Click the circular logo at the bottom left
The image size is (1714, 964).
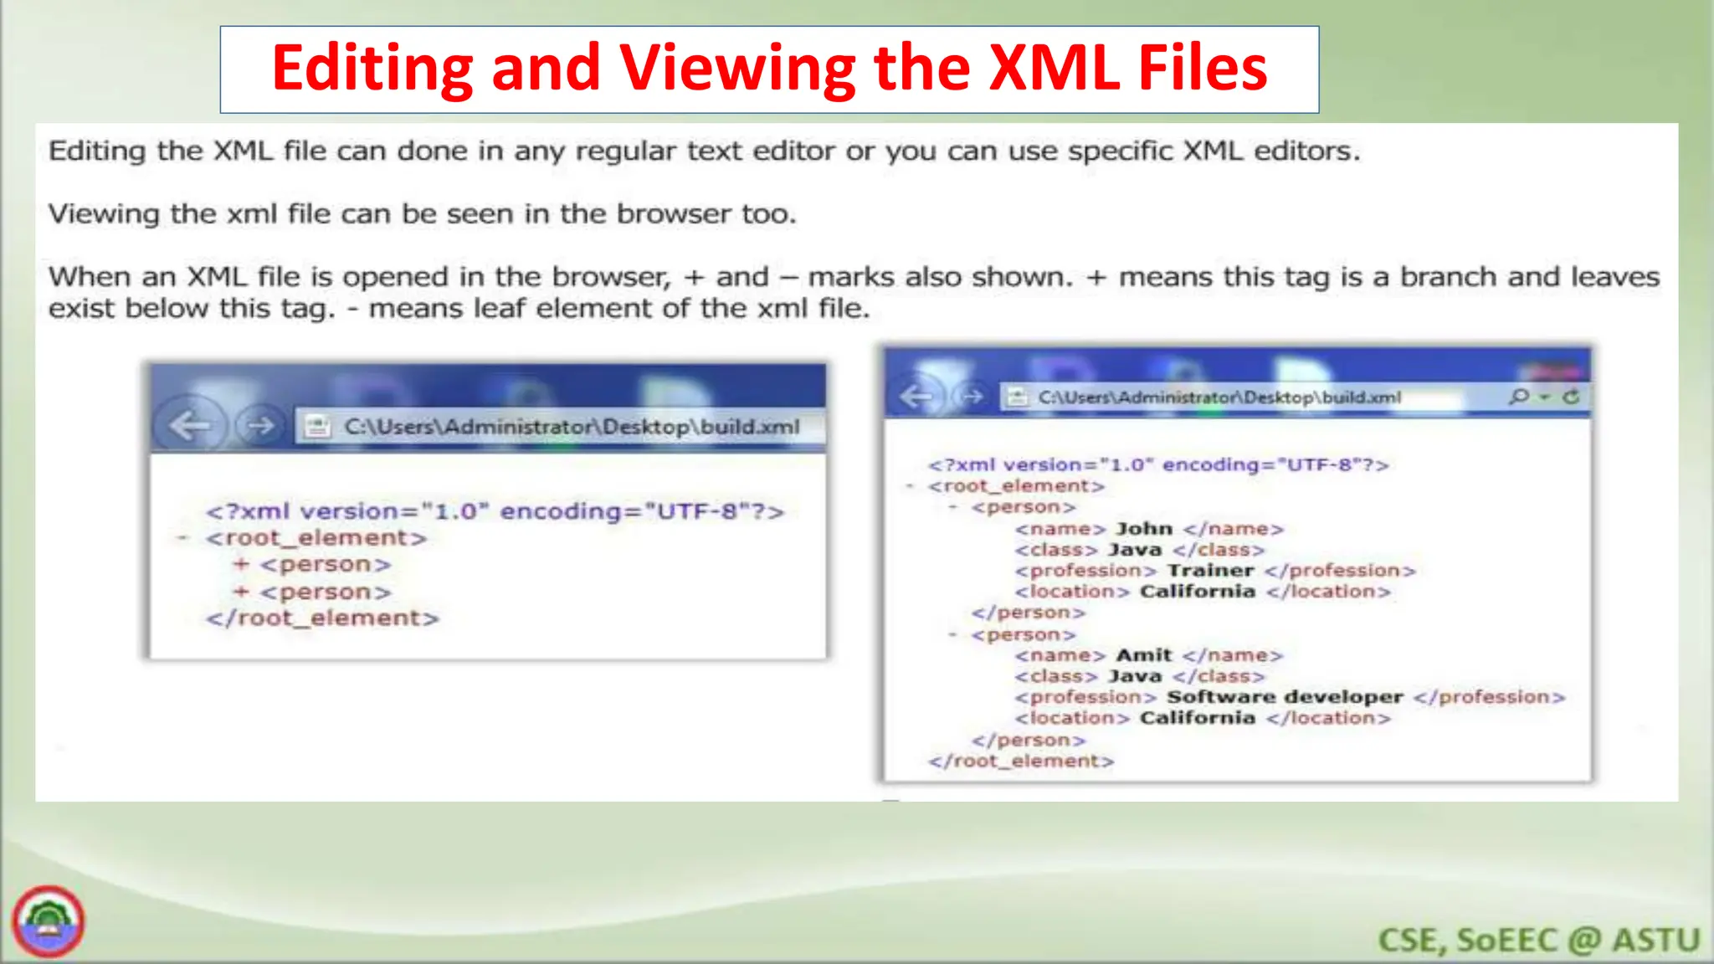(x=49, y=922)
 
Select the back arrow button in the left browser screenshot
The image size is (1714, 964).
(x=189, y=426)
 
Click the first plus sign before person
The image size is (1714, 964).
(x=241, y=564)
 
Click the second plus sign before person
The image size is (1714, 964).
(x=241, y=592)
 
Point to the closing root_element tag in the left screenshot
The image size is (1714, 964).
(x=322, y=618)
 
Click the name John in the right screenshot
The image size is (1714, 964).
(x=1143, y=529)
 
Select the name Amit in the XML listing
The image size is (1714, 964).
(x=1143, y=655)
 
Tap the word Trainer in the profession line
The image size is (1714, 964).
(x=1210, y=571)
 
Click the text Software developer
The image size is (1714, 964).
(x=1284, y=697)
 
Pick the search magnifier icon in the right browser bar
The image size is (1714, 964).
(x=1518, y=397)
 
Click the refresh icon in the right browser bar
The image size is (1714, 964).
(x=1571, y=397)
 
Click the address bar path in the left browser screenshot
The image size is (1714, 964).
(x=572, y=427)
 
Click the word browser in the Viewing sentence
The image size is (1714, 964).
(x=674, y=214)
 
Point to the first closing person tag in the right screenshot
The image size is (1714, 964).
(x=1028, y=613)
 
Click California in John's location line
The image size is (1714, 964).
(x=1197, y=592)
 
